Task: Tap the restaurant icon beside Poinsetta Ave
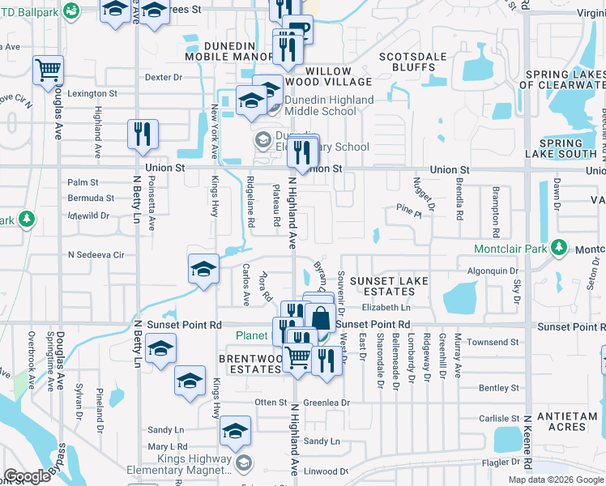[x=143, y=134]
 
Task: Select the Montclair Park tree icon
[x=558, y=247]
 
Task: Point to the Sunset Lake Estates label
[x=388, y=286]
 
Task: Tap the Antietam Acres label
[x=561, y=421]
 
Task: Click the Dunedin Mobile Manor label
[x=229, y=51]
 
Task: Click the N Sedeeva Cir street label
[x=96, y=254]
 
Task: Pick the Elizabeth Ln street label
[x=386, y=308]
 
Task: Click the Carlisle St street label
[x=498, y=419]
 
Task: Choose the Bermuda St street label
[x=91, y=198]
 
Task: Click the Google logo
[x=28, y=476]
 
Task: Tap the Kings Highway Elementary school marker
[x=243, y=463]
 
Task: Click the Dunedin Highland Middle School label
[x=330, y=105]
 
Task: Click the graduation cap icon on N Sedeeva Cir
[x=203, y=270]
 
